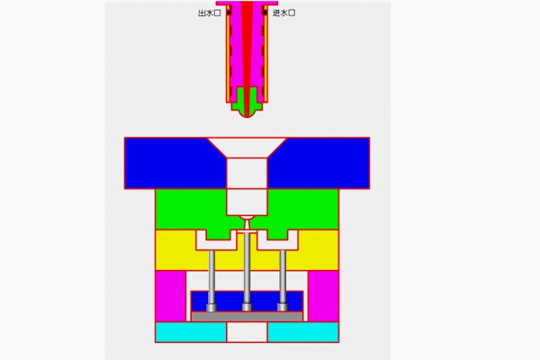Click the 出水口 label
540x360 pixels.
[x=210, y=13]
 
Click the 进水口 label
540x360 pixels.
[x=283, y=13]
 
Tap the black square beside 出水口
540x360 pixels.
[x=229, y=13]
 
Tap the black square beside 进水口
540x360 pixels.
[x=265, y=13]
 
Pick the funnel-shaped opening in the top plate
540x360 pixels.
[x=247, y=148]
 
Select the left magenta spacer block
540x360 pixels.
[x=170, y=296]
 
